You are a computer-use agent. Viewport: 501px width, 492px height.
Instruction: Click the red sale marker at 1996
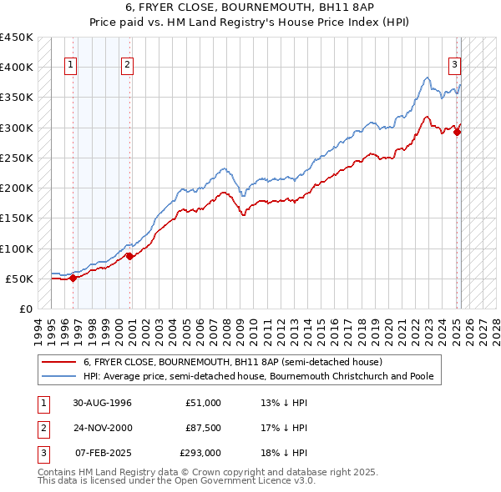pos(73,279)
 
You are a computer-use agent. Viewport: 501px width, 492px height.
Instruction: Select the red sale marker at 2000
pos(129,256)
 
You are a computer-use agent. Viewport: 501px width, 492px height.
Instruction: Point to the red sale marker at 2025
pos(458,132)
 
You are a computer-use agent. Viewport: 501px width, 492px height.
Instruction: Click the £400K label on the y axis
pos(17,68)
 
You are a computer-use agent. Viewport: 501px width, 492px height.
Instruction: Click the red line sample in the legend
pos(60,362)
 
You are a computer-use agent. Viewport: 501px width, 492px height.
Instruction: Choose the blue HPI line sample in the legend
pos(60,376)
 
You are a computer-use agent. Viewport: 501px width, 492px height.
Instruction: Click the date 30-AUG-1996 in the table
pos(103,403)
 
